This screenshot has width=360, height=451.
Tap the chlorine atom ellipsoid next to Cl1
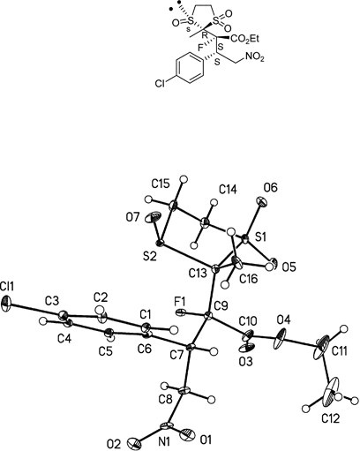pos(7,303)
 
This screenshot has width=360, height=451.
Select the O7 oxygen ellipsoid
pos(154,218)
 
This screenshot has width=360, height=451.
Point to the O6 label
pos(271,187)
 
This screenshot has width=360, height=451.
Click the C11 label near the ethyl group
pos(339,350)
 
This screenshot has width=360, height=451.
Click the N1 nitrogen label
pos(165,440)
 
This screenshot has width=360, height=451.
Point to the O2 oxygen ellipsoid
pos(134,443)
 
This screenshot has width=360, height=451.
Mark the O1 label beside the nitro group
pos(205,440)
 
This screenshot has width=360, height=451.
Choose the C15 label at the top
pos(161,184)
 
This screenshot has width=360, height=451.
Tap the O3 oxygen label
pos(245,362)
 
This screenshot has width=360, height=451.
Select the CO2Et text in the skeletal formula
pos(244,38)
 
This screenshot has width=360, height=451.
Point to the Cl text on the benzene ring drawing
pos(161,84)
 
